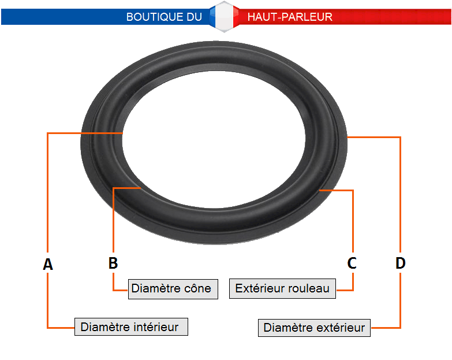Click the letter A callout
(48, 264)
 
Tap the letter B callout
(113, 263)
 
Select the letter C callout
(352, 263)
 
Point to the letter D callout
(401, 263)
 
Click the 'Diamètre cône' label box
(173, 289)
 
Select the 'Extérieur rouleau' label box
(282, 288)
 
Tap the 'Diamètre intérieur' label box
(131, 327)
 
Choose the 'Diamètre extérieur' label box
(314, 328)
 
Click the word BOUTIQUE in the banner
(155, 17)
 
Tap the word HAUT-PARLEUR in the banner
(290, 17)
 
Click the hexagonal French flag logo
(225, 16)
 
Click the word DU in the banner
(195, 17)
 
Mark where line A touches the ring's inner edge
(123, 133)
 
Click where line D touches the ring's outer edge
(348, 137)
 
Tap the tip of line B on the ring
(140, 188)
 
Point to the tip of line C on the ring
(319, 190)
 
